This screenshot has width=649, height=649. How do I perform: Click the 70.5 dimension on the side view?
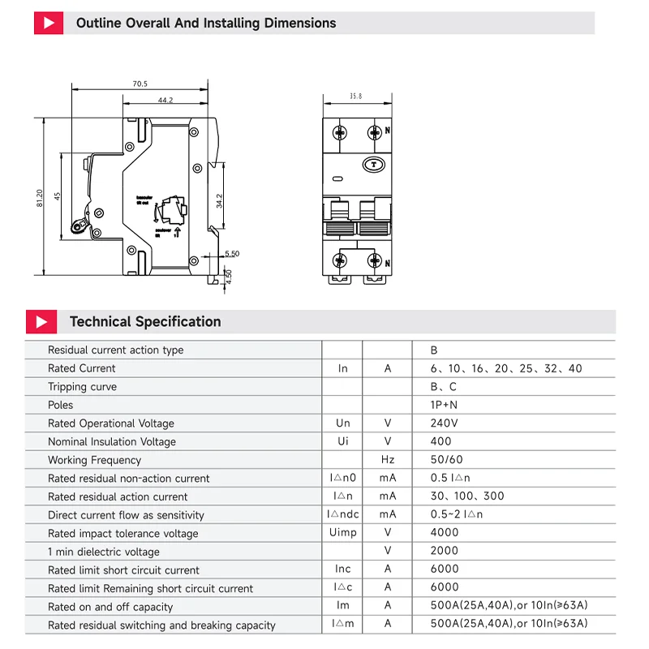click(x=140, y=84)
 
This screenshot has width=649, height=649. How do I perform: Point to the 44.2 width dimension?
click(x=165, y=101)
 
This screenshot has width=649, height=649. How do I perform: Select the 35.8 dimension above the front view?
click(x=355, y=97)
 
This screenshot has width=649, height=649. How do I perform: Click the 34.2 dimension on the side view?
click(x=220, y=200)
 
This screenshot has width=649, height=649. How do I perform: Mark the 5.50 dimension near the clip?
click(x=232, y=254)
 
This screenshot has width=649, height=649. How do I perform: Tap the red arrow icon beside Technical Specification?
click(x=41, y=321)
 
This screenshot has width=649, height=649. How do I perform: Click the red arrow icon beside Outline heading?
click(x=49, y=23)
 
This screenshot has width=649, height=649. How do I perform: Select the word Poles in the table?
click(x=60, y=405)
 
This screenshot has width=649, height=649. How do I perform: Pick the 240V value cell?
click(x=444, y=423)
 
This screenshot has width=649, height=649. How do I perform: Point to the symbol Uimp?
click(x=342, y=533)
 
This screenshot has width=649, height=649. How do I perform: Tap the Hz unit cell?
click(x=388, y=460)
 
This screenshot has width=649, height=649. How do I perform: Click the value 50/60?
click(x=447, y=460)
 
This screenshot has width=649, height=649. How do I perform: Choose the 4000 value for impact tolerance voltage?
click(x=445, y=533)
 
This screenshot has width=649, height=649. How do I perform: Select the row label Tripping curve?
click(x=82, y=387)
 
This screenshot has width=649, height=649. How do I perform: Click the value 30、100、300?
click(x=467, y=496)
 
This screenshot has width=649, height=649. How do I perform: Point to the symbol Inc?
click(x=342, y=569)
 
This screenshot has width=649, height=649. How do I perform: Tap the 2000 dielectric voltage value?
click(x=445, y=552)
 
